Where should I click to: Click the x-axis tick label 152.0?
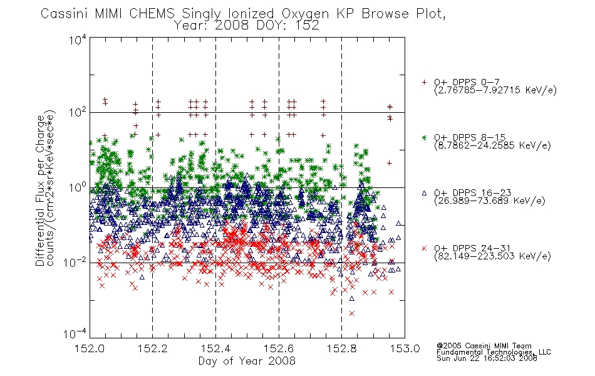90,348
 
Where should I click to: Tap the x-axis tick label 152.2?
153,348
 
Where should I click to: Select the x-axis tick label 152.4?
215,348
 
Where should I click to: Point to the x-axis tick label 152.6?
279,348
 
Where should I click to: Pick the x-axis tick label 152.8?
341,348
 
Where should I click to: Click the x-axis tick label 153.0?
405,348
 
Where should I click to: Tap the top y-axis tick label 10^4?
78,40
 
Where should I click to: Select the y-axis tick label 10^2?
78,113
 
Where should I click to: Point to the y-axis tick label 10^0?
78,187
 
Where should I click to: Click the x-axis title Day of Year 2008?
247,361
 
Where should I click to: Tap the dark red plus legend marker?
424,82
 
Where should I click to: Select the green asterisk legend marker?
424,137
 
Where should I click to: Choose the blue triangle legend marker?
424,193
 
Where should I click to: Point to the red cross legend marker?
424,248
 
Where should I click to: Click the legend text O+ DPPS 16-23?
473,192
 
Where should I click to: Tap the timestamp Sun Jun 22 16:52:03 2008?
487,358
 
